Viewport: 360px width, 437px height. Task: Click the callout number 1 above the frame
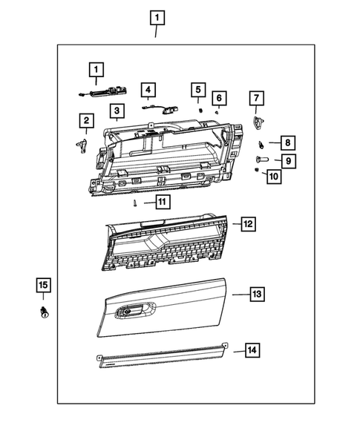[x=157, y=16]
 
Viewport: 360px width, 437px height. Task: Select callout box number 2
[x=87, y=120]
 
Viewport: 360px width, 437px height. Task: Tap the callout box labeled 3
[x=116, y=112]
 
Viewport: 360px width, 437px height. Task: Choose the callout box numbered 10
[x=272, y=176]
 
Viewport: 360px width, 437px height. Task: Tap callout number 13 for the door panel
[x=256, y=295]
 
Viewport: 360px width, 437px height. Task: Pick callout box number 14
[x=252, y=349]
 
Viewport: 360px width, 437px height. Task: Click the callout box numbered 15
[x=43, y=285]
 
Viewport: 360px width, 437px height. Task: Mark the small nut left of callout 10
[x=256, y=172]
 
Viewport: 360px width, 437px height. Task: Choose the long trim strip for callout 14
[x=163, y=356]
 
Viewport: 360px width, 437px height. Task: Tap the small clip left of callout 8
[x=261, y=142]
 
